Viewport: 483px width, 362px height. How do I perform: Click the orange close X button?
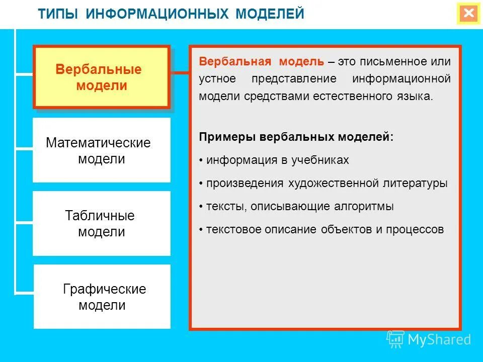[x=469, y=14]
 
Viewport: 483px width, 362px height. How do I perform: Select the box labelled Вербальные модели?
[x=101, y=77]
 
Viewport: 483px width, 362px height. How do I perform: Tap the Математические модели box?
[x=101, y=150]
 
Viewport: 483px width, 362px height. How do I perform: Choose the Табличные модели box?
[x=101, y=224]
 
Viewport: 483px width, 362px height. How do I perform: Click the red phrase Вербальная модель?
[x=262, y=62]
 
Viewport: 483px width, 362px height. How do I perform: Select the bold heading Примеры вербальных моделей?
[x=296, y=137]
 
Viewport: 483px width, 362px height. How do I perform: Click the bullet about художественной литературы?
[x=326, y=184]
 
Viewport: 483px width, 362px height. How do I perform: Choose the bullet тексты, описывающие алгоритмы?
[x=299, y=207]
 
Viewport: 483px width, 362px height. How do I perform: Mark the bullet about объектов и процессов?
[x=325, y=230]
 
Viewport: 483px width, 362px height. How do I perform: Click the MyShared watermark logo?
[x=429, y=339]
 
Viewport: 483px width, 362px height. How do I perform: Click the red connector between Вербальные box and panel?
[x=179, y=73]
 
